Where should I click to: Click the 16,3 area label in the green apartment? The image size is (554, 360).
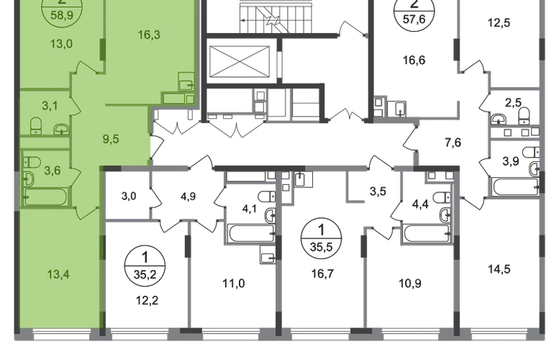149,35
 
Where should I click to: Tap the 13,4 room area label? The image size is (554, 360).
58,274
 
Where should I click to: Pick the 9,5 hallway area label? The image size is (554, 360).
111,140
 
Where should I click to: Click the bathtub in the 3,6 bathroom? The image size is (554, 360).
45,197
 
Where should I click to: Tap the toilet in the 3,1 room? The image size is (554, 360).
36,126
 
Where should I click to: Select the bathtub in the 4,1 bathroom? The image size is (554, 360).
252,233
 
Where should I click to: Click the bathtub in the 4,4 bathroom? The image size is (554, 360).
427,233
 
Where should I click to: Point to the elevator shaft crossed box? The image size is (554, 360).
239,60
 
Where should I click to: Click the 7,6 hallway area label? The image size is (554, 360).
453,143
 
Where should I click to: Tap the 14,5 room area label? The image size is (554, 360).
499,269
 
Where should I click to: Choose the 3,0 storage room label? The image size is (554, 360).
129,196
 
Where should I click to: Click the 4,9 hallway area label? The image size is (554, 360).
188,197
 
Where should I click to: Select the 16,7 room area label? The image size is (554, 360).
322,274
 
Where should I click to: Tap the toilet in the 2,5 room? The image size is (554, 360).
524,116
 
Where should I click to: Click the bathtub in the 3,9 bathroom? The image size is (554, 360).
515,186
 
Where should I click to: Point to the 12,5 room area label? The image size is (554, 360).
499,23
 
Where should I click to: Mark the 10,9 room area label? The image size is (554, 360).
410,284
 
